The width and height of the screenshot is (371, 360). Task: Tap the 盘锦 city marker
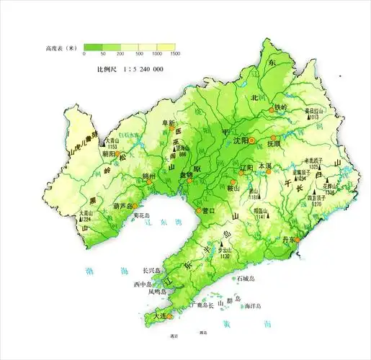[x=189, y=180]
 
